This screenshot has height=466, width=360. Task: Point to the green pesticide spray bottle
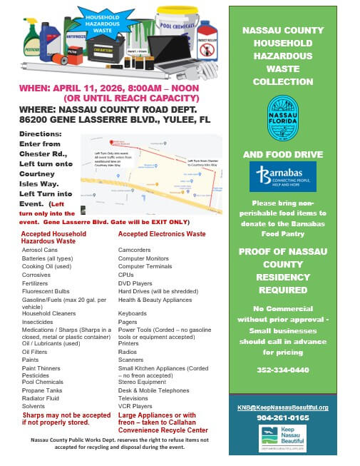pyautogui.click(x=31, y=39)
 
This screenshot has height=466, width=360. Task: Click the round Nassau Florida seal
pyautogui.click(x=282, y=114)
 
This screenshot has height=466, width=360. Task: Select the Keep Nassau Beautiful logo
pyautogui.click(x=282, y=437)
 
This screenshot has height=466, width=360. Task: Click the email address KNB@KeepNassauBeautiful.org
pyautogui.click(x=282, y=407)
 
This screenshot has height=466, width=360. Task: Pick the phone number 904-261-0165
pyautogui.click(x=282, y=417)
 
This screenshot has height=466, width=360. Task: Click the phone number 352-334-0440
pyautogui.click(x=282, y=370)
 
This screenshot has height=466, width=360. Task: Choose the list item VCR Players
pyautogui.click(x=136, y=405)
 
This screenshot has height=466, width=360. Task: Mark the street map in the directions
pyautogui.click(x=150, y=173)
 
